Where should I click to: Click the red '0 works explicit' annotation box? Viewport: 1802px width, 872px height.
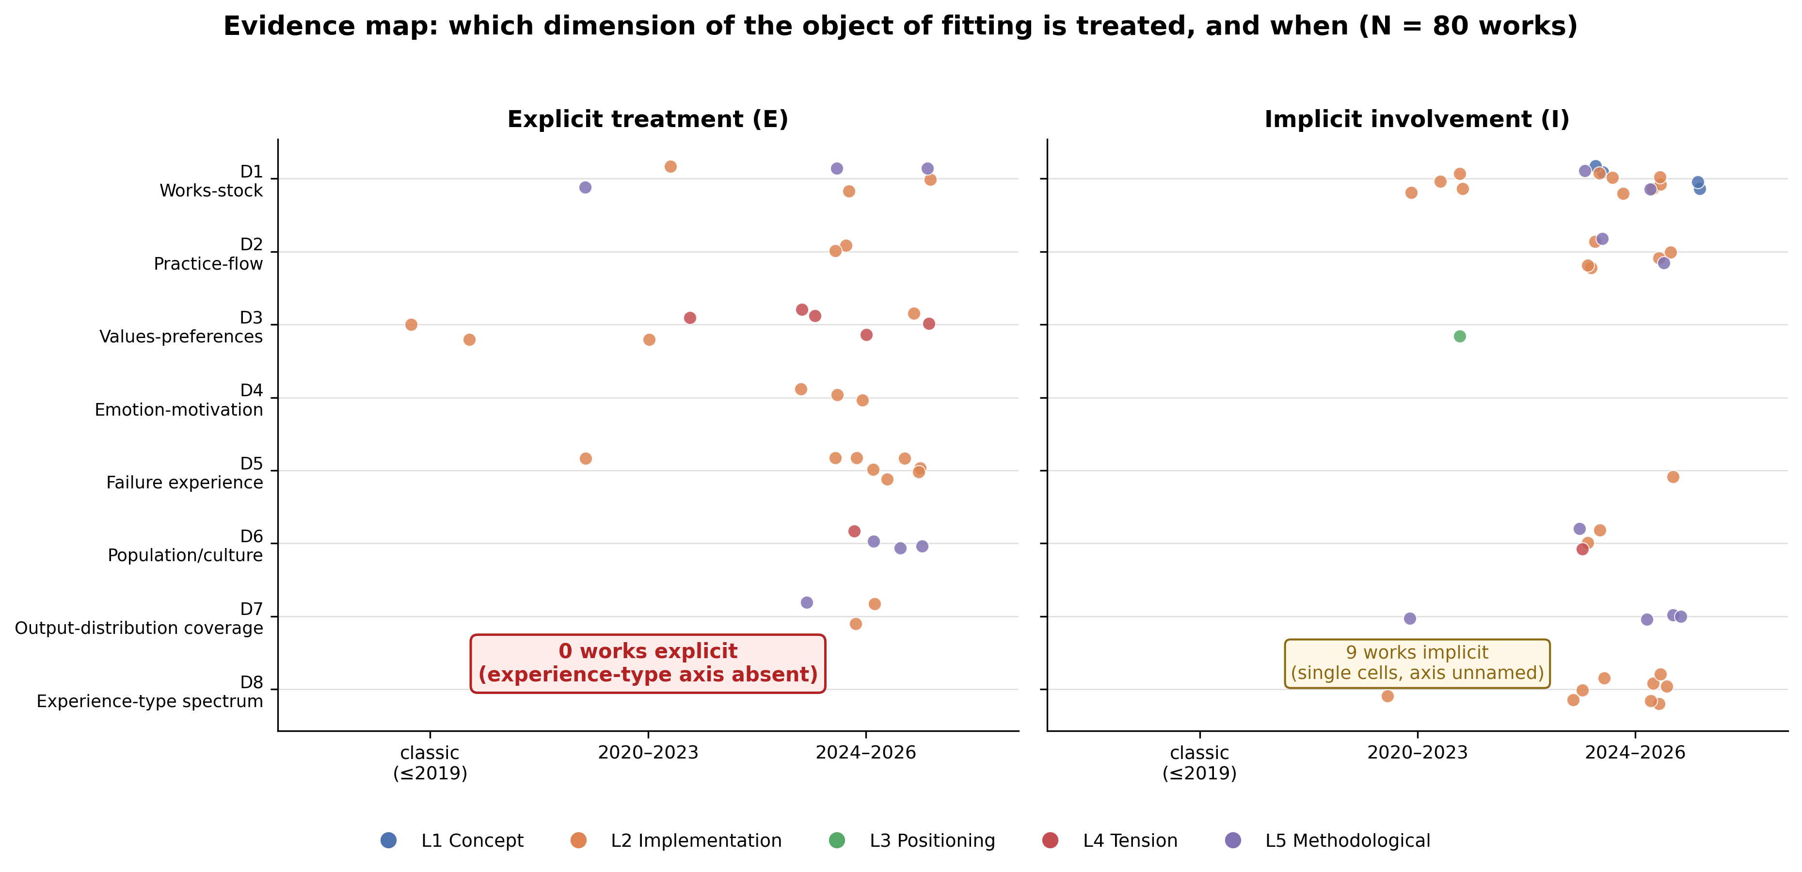pyautogui.click(x=648, y=663)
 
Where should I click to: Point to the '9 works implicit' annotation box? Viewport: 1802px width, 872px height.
pyautogui.click(x=1417, y=663)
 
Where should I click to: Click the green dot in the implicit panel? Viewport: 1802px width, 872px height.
pyautogui.click(x=1459, y=336)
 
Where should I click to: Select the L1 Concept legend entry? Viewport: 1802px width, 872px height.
pyautogui.click(x=451, y=840)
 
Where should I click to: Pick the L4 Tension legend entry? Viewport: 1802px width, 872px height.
pyautogui.click(x=1109, y=840)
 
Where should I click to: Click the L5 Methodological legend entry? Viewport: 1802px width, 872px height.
pyautogui.click(x=1327, y=840)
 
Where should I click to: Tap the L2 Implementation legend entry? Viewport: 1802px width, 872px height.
pyautogui.click(x=676, y=840)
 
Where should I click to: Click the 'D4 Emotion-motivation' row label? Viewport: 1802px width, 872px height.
pyautogui.click(x=179, y=400)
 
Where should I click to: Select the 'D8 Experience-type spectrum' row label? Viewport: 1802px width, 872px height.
pyautogui.click(x=150, y=692)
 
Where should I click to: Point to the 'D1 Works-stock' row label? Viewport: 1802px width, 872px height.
pyautogui.click(x=211, y=181)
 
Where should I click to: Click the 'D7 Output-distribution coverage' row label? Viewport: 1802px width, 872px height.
pyautogui.click(x=139, y=619)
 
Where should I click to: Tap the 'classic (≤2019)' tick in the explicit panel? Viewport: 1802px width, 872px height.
pyautogui.click(x=430, y=763)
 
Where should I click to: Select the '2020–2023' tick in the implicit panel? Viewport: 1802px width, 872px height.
pyautogui.click(x=1417, y=753)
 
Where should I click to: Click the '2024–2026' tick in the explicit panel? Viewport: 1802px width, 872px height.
pyautogui.click(x=866, y=753)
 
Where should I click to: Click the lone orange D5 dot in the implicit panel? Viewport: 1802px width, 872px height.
pyautogui.click(x=1673, y=477)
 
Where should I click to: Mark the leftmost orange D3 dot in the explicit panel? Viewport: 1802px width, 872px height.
pyautogui.click(x=411, y=325)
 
